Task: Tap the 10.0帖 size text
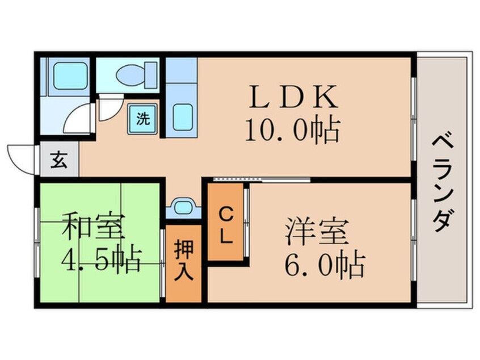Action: [293, 131]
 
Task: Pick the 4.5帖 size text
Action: [101, 259]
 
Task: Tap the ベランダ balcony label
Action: [444, 182]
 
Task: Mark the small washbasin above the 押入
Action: [183, 207]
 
